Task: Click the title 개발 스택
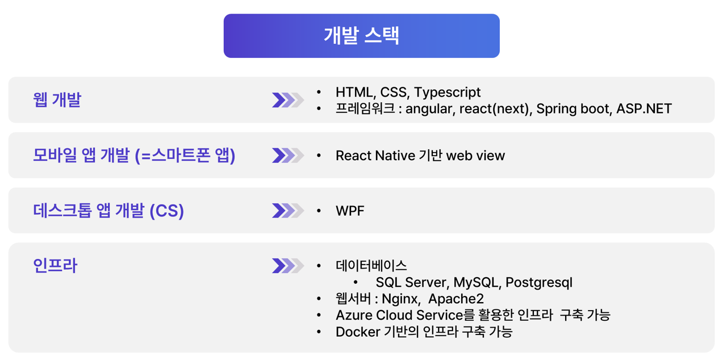coord(362,35)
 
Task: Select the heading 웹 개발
coord(57,99)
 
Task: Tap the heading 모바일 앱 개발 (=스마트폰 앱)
coord(134,156)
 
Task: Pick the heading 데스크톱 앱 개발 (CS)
coord(108,211)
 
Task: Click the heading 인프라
coord(55,266)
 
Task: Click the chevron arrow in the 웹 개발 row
coord(288,100)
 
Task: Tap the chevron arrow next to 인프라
coord(288,266)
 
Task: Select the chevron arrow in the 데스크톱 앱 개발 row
coord(288,211)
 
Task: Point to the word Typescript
coord(447,93)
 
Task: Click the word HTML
coord(354,92)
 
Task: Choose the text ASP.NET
coord(644,108)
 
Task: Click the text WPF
coord(350,211)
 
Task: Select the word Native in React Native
coord(395,156)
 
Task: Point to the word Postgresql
coord(539,283)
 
